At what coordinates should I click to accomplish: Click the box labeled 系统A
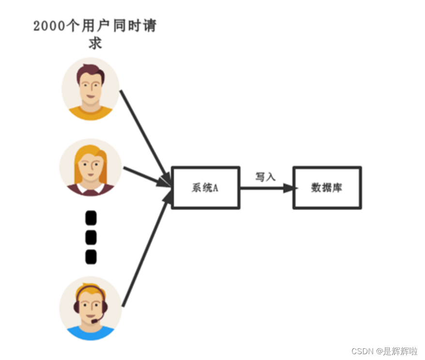point(206,188)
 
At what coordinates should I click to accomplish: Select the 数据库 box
point(327,188)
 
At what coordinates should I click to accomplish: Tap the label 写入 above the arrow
point(265,177)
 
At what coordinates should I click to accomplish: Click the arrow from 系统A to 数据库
point(266,188)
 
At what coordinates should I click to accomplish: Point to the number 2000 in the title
point(48,26)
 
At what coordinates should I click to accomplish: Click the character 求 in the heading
point(95,43)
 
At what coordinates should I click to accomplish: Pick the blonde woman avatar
point(90,167)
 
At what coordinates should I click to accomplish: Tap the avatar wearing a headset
point(91,308)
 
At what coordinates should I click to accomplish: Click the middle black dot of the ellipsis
point(91,237)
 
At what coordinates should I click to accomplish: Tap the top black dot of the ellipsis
point(91,219)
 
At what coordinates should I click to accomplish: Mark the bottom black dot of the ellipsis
point(91,257)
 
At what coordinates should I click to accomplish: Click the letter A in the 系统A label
point(215,188)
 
